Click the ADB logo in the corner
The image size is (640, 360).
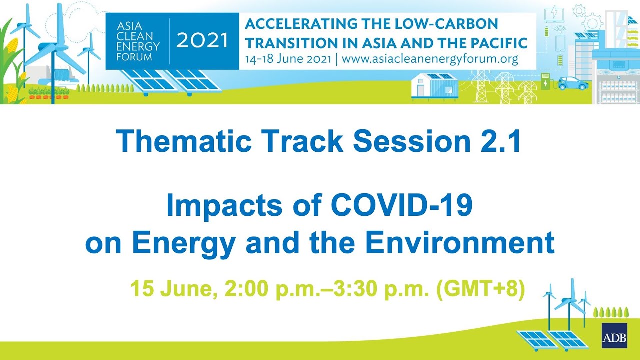[x=614, y=336]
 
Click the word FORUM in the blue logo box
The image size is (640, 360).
[x=131, y=56]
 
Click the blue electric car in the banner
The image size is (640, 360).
[x=572, y=83]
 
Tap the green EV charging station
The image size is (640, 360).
[x=545, y=81]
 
